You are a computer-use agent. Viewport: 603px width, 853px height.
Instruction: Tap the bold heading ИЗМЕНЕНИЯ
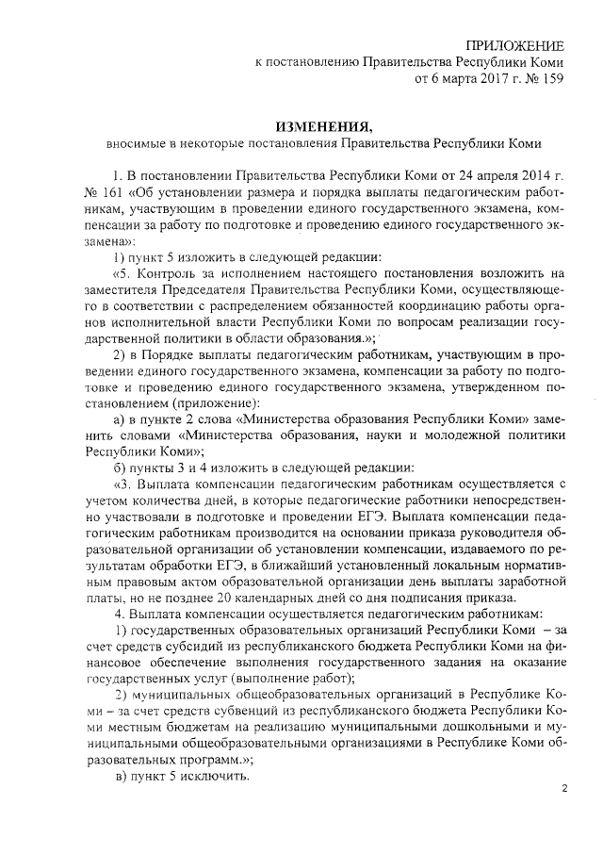pyautogui.click(x=323, y=127)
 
